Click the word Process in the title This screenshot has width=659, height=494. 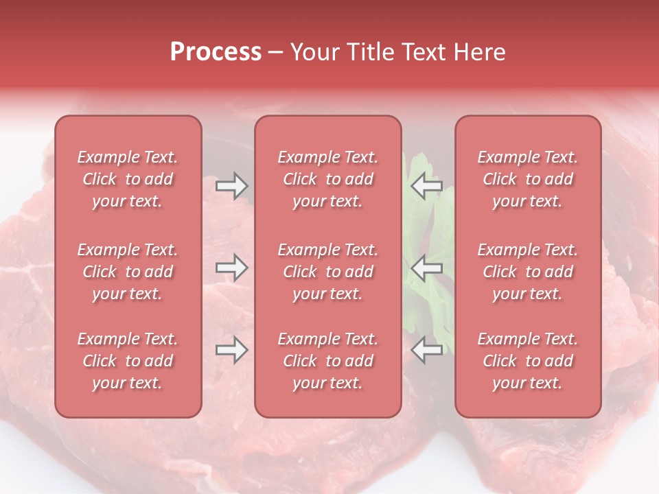(x=216, y=51)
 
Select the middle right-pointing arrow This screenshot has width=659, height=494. (x=232, y=268)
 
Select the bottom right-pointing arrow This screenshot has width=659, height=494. (x=232, y=350)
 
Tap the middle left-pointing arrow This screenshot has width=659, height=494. (x=426, y=268)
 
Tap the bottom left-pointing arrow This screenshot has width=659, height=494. (x=426, y=350)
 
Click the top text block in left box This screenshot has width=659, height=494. (x=128, y=179)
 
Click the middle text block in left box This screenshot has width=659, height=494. (x=128, y=272)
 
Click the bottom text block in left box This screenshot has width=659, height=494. (x=128, y=361)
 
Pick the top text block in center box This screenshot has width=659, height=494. (x=328, y=179)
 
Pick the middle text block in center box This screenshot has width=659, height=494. (x=328, y=272)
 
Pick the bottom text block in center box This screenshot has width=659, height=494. (x=328, y=361)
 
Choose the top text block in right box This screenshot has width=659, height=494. (x=528, y=179)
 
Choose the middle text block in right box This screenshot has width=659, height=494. (x=528, y=272)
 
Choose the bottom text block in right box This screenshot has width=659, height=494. (x=528, y=361)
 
